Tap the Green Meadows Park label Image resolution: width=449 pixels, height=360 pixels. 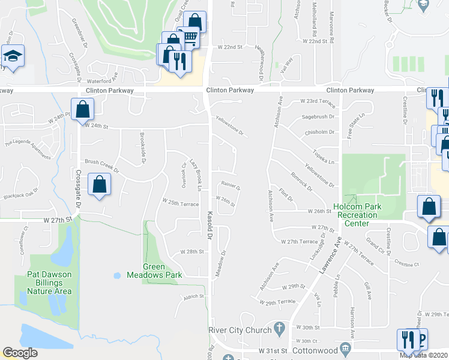coord(145,271)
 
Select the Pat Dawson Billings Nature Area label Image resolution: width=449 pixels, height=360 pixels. coord(49,283)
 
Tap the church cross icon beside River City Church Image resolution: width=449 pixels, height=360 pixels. coord(279,328)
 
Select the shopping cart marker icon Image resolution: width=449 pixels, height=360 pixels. coord(190,38)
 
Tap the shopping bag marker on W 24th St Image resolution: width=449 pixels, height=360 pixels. coord(83,110)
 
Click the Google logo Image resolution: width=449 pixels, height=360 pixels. coord(20,353)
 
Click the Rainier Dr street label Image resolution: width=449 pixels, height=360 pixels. coord(231,187)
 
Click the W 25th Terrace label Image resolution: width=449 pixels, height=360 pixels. coord(179,204)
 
